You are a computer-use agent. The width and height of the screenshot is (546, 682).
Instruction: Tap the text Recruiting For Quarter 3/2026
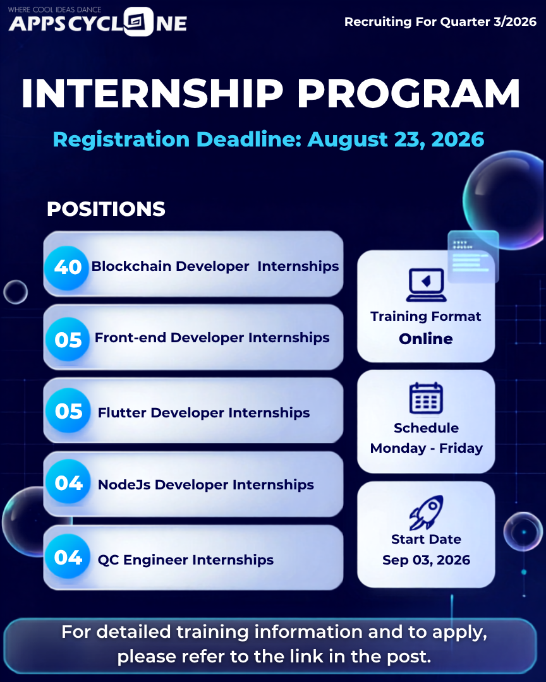coord(440,21)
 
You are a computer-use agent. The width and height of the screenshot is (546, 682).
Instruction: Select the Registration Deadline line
coord(268,139)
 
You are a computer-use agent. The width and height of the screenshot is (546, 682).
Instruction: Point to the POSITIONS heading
coord(106,209)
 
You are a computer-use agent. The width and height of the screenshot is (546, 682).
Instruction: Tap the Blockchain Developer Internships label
coord(215,266)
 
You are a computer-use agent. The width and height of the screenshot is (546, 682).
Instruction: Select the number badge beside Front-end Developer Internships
coord(68,339)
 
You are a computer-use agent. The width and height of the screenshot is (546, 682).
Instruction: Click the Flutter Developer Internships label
coord(203,412)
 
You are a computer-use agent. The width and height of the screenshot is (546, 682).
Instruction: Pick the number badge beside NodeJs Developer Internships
coord(68,482)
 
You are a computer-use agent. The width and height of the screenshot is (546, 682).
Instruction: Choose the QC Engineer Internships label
coord(186,559)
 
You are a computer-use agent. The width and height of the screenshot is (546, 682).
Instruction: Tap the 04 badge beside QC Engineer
coord(68,557)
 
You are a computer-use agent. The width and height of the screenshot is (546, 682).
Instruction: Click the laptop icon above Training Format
coord(427,285)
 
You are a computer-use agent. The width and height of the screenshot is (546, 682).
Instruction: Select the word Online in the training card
coord(426,339)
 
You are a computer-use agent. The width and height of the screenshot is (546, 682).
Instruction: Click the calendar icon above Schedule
coord(427,398)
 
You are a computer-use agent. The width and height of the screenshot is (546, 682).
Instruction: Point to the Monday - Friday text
coord(427,448)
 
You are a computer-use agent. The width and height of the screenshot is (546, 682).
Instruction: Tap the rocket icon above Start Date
coord(427,513)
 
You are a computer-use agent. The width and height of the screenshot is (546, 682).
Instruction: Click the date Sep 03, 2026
coord(427,559)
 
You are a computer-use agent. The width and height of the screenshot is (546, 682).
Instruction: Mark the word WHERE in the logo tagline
coord(19,9)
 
